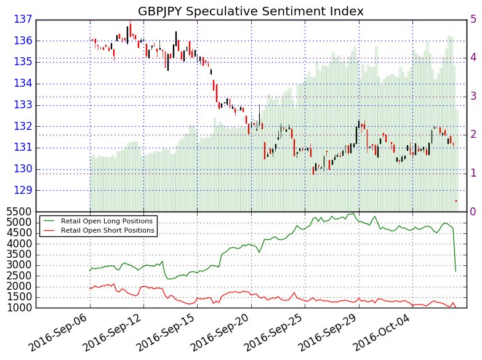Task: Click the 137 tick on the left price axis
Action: [x=22, y=20]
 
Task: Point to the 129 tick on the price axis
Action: [x=22, y=191]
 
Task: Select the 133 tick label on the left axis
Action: [x=22, y=105]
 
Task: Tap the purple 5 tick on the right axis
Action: [x=473, y=19]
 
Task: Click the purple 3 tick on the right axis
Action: [x=473, y=96]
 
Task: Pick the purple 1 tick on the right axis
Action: [x=473, y=173]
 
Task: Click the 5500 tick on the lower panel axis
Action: [x=17, y=212]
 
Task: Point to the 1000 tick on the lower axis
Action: [x=17, y=308]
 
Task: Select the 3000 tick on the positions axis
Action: [x=17, y=265]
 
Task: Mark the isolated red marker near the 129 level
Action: [x=456, y=201]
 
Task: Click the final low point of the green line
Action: [x=456, y=271]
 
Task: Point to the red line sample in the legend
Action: [x=49, y=230]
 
